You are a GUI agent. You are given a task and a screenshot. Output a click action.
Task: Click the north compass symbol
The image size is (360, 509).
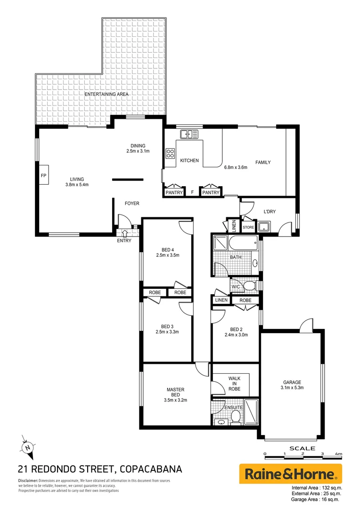28,446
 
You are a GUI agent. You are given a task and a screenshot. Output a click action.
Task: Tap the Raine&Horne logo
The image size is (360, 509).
290,473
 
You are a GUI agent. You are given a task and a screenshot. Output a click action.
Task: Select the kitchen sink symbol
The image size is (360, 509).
191,134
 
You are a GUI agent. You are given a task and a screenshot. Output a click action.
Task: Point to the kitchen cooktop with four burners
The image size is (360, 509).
170,153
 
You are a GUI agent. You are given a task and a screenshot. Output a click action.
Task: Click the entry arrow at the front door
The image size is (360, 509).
125,232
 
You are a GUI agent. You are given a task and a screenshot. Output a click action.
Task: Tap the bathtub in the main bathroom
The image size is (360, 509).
243,245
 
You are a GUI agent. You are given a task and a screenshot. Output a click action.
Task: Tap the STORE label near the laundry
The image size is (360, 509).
248,228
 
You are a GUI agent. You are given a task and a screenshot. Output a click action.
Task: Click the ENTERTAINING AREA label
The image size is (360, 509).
106,94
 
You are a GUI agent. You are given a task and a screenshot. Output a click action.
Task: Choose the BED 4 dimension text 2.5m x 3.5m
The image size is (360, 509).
168,255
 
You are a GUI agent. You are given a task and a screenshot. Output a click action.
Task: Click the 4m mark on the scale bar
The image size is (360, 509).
337,454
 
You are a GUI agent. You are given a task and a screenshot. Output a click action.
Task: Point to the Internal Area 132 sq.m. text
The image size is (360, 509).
317,488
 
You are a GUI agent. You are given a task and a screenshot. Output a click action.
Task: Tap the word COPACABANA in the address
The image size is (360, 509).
151,469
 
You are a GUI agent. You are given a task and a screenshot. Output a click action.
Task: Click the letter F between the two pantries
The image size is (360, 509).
192,192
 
